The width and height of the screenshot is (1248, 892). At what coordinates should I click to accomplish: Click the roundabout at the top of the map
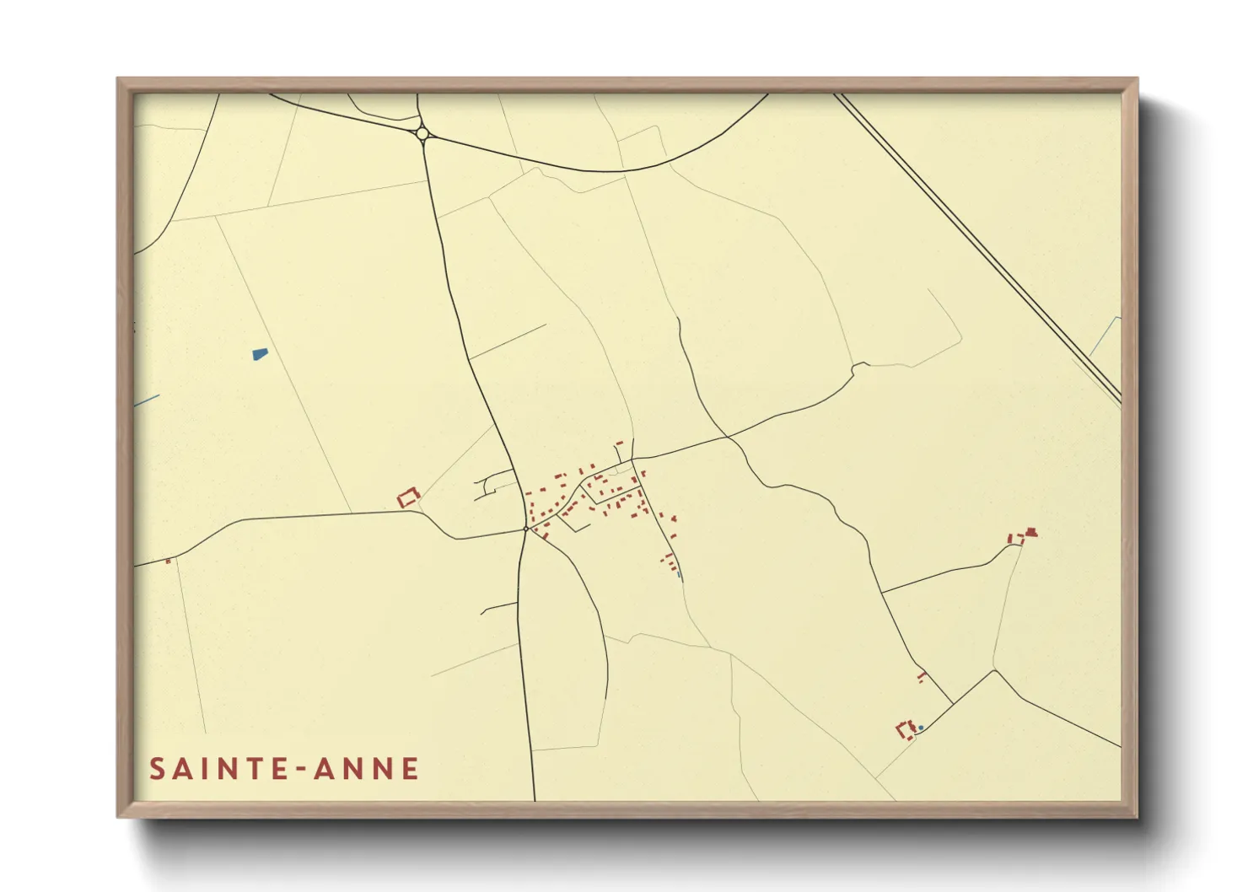tap(422, 133)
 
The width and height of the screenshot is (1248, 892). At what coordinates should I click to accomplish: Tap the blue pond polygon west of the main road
tap(260, 354)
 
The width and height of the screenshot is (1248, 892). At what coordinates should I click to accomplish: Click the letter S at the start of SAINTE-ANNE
tap(158, 769)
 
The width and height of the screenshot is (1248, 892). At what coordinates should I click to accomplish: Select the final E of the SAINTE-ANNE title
tap(411, 769)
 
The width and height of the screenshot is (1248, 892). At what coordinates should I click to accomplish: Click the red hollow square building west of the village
tap(408, 497)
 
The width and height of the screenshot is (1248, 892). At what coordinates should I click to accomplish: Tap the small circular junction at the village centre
tap(525, 529)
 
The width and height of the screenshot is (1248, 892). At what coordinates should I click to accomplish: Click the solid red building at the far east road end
tap(1030, 533)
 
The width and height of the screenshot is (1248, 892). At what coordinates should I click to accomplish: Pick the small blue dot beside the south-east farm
tap(921, 727)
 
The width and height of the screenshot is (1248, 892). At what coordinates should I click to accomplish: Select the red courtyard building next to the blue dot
tap(906, 730)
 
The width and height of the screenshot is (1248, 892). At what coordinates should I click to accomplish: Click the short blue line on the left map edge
tap(146, 401)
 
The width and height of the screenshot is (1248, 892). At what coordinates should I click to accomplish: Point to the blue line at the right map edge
tap(1105, 336)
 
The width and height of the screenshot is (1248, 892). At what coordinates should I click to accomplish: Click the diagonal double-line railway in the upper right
tap(978, 244)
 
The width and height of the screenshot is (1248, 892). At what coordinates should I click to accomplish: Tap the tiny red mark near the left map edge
tap(168, 561)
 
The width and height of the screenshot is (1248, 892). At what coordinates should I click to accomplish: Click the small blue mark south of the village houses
tap(679, 575)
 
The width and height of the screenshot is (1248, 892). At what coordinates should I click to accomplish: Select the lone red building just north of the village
tap(619, 443)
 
